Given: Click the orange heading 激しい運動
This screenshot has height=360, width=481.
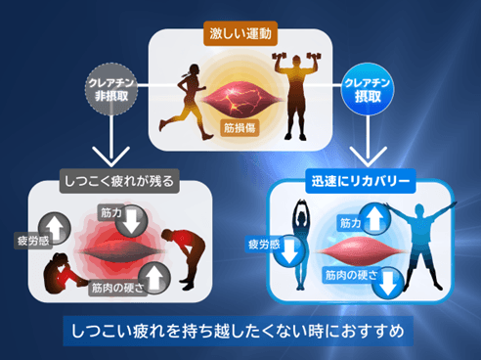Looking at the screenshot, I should [240, 33].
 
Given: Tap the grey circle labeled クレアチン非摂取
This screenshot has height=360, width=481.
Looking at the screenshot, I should [110, 89].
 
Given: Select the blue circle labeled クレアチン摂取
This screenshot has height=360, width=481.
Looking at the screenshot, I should [368, 89].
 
